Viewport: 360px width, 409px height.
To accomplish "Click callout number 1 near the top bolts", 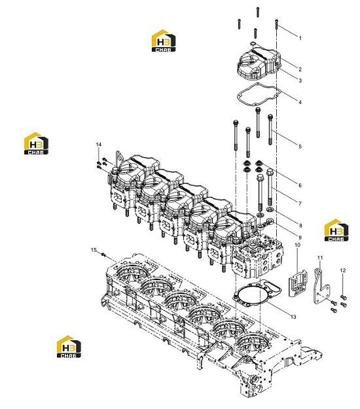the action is pos(300,38).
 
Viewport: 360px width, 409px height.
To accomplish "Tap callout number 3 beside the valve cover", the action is pos(300,80).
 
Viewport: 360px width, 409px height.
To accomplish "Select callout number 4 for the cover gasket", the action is pos(300,102).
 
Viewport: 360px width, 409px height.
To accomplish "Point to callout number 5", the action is pos(300,147).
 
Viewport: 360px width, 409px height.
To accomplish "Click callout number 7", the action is pos(300,204).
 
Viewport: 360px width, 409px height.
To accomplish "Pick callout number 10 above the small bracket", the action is pos(297,245).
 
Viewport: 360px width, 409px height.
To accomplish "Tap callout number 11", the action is pos(320,258).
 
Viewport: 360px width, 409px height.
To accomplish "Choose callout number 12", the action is pos(343,270).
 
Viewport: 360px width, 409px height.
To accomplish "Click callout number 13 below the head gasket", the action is pos(293,317).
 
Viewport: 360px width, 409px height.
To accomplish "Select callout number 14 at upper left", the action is pos(99,145).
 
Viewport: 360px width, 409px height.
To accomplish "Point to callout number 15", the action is pos(94,250).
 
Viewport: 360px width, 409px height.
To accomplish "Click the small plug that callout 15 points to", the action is pos(103,254).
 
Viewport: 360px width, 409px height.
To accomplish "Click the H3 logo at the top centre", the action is pos(164,41).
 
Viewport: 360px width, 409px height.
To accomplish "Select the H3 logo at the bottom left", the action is pos(69,346).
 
